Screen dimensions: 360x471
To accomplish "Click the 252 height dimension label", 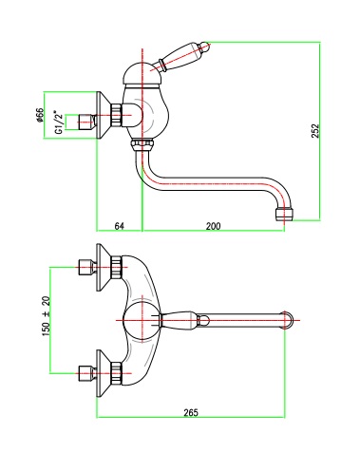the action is point(315,130).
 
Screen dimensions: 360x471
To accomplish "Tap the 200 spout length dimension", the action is point(213,226).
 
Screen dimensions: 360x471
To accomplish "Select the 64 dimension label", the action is point(120,226).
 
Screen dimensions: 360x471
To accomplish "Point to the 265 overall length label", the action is point(191,412).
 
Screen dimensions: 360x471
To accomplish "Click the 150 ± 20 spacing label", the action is point(47,316).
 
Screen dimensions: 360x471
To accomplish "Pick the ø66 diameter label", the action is point(39,115).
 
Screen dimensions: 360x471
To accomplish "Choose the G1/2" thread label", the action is point(58,122).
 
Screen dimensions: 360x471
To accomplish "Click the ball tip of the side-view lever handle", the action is point(205,47).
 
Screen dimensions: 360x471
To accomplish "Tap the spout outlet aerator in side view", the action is point(284,214).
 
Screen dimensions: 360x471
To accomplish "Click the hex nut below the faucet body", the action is point(142,145).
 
